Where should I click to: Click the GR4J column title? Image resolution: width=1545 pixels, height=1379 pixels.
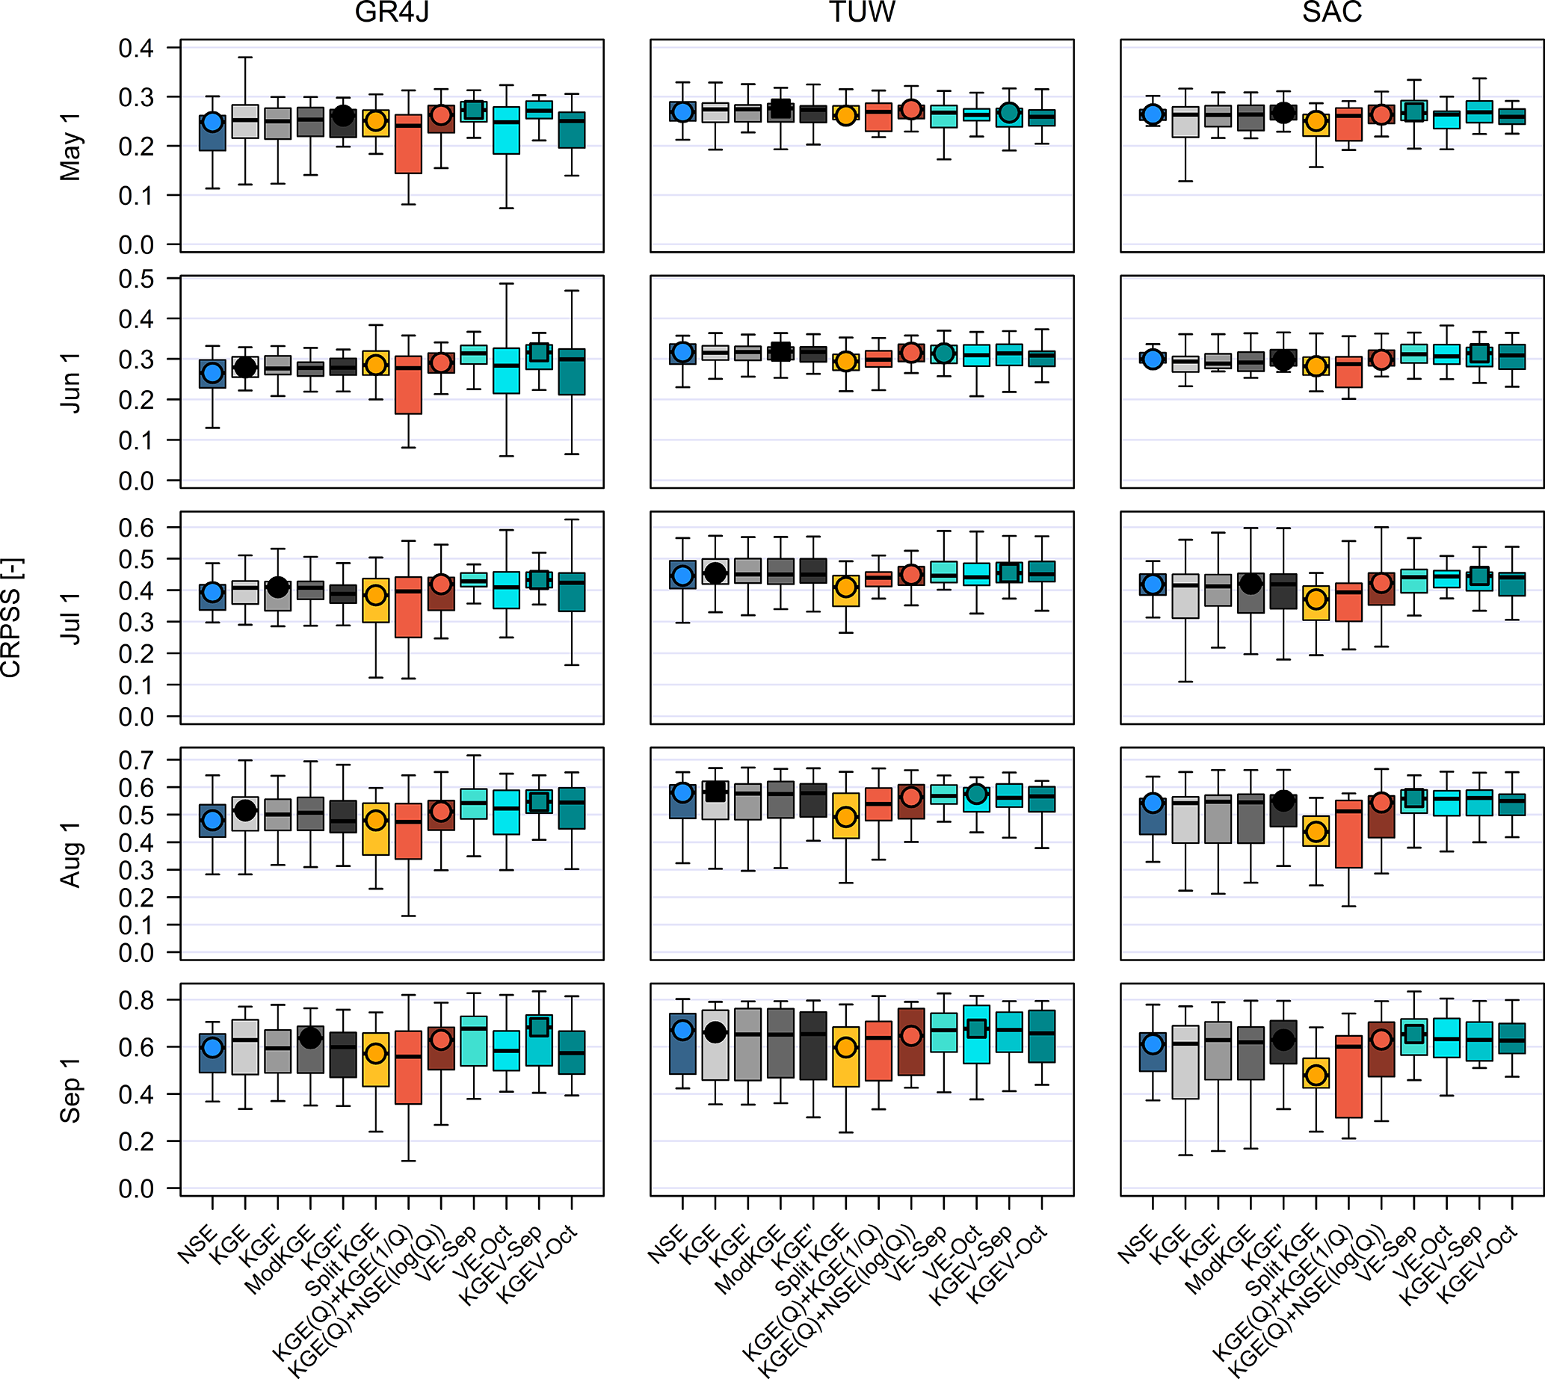tap(392, 12)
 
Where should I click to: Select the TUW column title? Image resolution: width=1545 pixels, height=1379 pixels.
tap(862, 12)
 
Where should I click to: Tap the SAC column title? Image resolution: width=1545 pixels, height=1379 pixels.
tap(1331, 12)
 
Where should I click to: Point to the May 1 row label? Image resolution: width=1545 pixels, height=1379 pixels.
tap(70, 147)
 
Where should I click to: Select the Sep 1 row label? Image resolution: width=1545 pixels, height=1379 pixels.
tap(70, 1090)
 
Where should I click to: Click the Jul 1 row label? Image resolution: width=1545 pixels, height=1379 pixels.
tap(70, 619)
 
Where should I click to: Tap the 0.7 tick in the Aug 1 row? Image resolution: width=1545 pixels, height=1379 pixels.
tap(135, 760)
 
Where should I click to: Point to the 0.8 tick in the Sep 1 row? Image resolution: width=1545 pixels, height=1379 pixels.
tap(135, 1000)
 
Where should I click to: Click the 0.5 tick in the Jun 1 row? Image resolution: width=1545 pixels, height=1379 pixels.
tap(135, 279)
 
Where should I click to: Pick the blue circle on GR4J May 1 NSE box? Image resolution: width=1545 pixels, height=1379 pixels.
tap(213, 121)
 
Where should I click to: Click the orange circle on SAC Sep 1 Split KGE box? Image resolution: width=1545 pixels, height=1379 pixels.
tap(1316, 1075)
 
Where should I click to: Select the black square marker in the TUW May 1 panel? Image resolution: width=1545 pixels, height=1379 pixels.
tap(780, 108)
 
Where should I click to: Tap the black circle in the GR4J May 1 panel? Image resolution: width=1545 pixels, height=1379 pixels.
tap(343, 116)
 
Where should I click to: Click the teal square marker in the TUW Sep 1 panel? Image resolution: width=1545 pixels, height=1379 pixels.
tap(977, 1028)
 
